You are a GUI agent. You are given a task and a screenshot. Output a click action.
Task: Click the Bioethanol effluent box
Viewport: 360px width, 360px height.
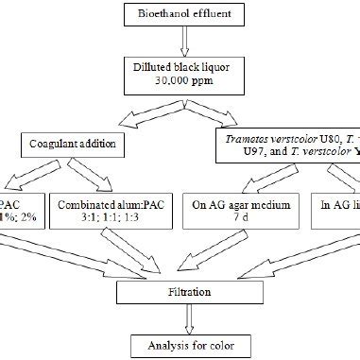click(180, 14)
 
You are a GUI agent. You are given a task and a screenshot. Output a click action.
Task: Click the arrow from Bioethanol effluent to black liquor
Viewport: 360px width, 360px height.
click(180, 43)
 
